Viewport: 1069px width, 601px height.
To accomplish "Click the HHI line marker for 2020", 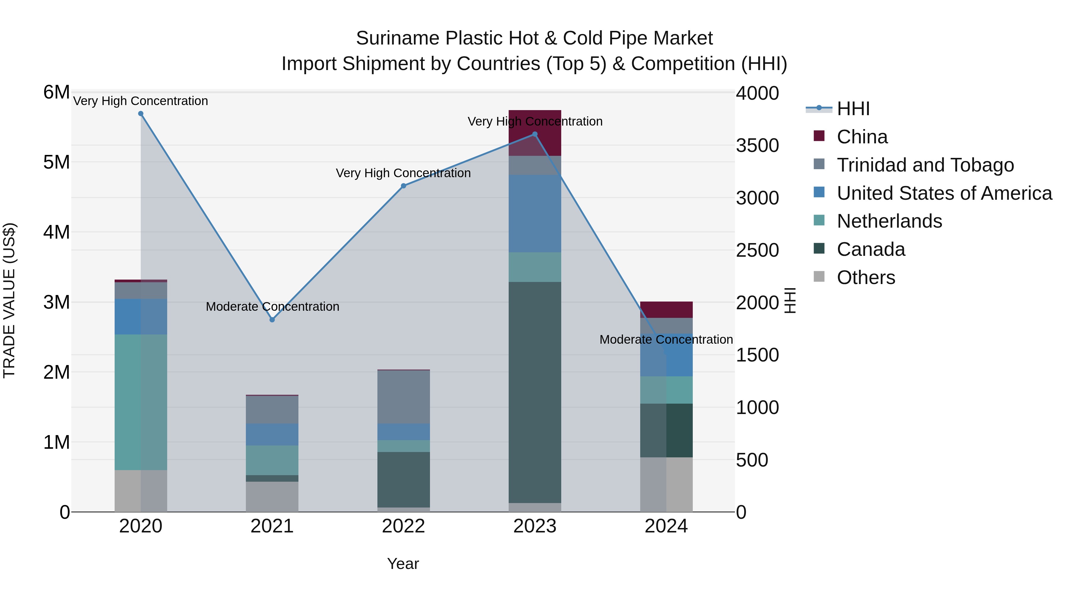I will (141, 114).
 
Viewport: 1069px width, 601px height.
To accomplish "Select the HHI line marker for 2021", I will (272, 320).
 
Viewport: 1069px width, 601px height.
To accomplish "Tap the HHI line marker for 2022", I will (403, 186).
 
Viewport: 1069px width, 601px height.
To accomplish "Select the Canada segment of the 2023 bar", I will (535, 392).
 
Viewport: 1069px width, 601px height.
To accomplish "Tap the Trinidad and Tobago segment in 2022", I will (403, 397).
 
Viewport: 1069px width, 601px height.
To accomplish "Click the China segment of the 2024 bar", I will (666, 310).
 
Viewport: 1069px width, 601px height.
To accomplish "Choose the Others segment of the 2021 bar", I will (272, 497).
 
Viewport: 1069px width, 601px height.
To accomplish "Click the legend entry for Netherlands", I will (889, 221).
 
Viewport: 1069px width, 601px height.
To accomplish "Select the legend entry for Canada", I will (871, 249).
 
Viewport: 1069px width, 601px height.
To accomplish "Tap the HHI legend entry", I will (853, 109).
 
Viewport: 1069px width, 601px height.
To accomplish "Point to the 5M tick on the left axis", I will (56, 162).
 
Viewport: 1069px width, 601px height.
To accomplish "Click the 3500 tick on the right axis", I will (757, 146).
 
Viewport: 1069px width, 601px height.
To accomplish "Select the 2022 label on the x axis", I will (403, 526).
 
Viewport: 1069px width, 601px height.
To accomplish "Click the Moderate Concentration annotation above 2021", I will (272, 307).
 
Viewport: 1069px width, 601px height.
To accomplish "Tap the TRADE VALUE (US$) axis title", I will (9, 300).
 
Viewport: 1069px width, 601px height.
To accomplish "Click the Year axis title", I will (403, 564).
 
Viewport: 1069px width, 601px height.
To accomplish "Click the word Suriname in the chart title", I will (397, 38).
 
